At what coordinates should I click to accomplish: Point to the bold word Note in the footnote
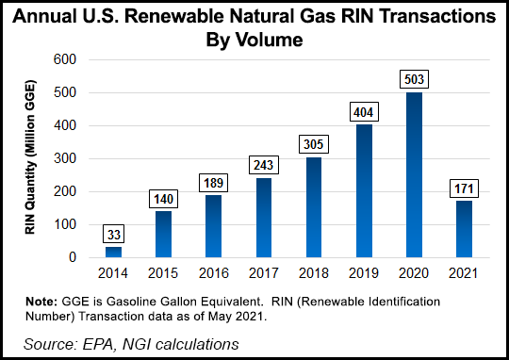43,301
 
